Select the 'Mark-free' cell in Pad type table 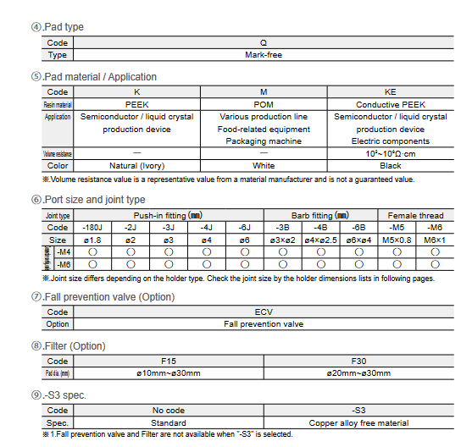[264, 55]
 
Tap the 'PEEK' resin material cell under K [137, 104]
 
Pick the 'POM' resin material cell [264, 104]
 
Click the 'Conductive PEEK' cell [390, 104]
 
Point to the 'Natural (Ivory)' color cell [137, 166]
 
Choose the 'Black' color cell [390, 166]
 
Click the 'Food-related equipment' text [264, 130]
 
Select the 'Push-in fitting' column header [168, 216]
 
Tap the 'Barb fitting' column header [322, 216]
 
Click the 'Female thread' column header [415, 216]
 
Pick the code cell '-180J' [92, 228]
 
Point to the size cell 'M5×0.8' [397, 240]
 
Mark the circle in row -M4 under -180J [92, 252]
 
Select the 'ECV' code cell [264, 312]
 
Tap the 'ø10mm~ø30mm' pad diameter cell [169, 373]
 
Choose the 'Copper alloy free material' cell [358, 422]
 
